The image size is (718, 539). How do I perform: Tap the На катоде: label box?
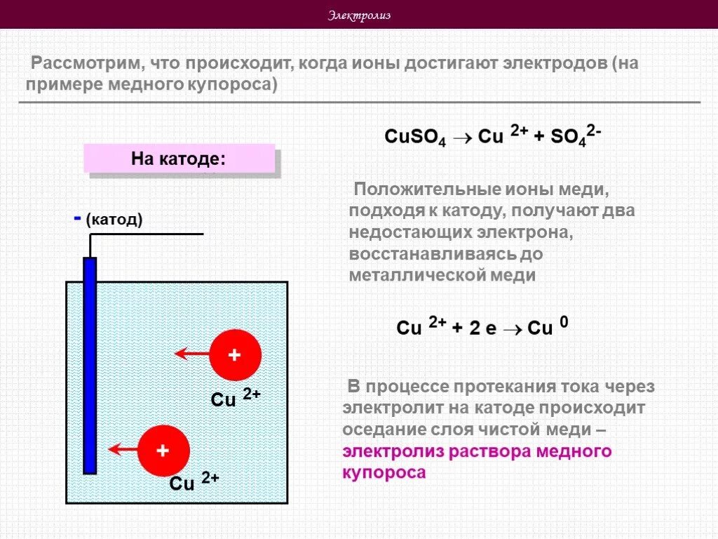(x=178, y=158)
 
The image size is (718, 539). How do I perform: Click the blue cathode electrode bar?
(x=90, y=365)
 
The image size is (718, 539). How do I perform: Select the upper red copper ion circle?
(x=236, y=355)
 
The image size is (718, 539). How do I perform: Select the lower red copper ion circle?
(x=163, y=451)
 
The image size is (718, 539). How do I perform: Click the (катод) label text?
(x=114, y=220)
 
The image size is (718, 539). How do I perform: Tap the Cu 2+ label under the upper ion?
(x=236, y=398)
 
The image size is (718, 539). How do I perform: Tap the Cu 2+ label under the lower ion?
(x=194, y=482)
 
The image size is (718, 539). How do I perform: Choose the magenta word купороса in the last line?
(x=384, y=473)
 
